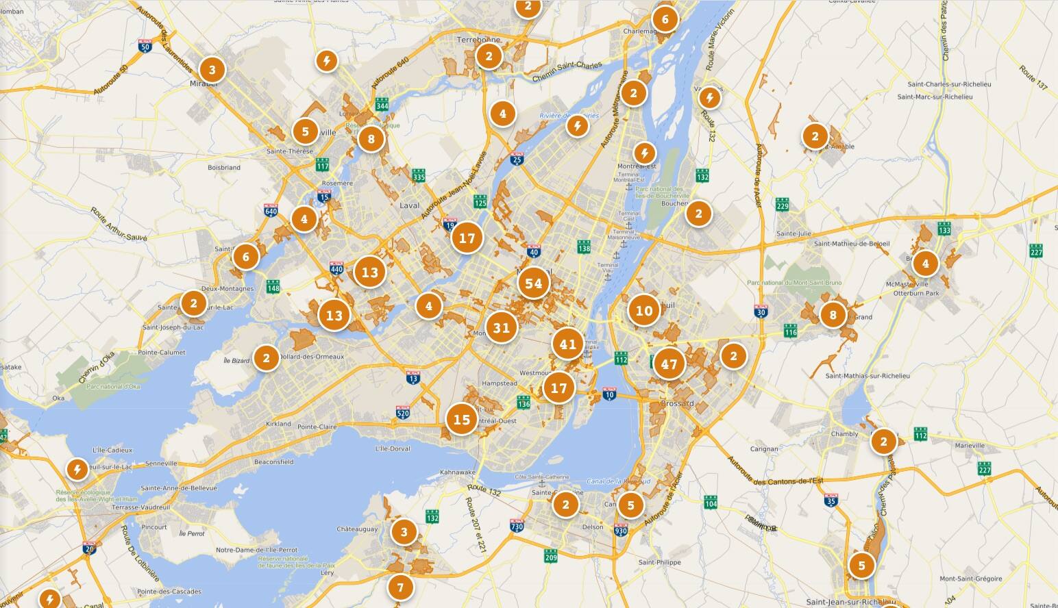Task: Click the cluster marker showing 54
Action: pos(534,283)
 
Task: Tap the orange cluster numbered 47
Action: pos(669,364)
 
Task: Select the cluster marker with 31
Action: pos(502,327)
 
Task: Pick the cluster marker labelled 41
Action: pos(568,344)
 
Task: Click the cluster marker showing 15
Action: pos(462,419)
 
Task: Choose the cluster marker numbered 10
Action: pos(644,310)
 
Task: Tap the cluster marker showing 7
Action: pos(401,587)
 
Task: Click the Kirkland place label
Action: pos(278,424)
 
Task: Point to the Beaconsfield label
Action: pos(273,462)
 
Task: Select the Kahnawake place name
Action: pos(458,472)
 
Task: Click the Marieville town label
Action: pos(969,446)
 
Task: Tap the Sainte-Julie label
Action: pos(793,233)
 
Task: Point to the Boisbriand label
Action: pos(224,167)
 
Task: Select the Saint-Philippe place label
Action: pos(660,563)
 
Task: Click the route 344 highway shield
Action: pos(382,105)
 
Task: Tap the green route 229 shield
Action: pos(783,204)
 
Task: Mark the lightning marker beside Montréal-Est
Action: pos(644,153)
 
